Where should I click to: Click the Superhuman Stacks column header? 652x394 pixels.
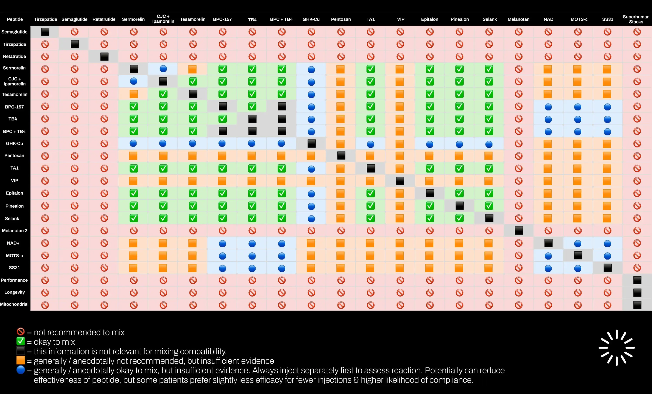(636, 19)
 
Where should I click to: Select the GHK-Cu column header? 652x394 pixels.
(311, 19)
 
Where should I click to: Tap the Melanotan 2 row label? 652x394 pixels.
(15, 231)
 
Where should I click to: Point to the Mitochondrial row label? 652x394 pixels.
(14, 304)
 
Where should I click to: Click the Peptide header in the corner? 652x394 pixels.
(15, 19)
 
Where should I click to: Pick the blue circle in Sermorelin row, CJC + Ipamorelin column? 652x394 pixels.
(163, 69)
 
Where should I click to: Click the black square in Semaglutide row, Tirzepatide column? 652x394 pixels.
(45, 32)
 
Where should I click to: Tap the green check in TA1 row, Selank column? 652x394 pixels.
(489, 168)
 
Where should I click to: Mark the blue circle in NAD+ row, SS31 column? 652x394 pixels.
(607, 243)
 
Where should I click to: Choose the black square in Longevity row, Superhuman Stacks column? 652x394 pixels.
(637, 293)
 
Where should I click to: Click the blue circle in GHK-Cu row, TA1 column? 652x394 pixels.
(371, 144)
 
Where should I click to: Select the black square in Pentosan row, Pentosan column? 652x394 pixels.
(341, 156)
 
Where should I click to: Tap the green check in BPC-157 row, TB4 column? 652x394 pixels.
(252, 107)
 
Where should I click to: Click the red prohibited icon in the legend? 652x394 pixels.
(21, 332)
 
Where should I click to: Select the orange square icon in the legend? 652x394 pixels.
(21, 360)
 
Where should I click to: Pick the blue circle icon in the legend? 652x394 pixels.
(21, 370)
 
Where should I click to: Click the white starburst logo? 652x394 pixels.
(617, 348)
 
